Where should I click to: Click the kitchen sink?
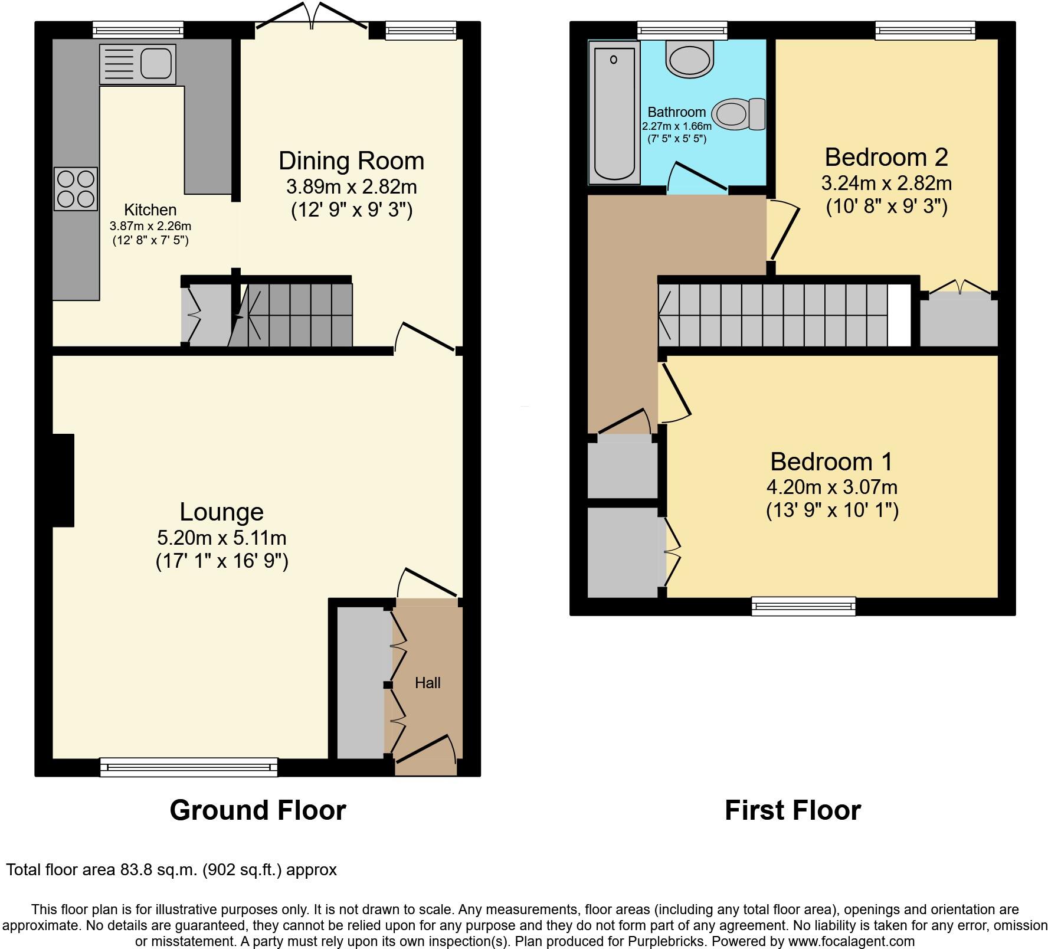point(137,64)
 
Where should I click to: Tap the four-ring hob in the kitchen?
point(76,189)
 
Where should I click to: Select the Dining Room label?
point(351,161)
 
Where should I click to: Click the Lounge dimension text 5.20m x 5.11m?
point(221,538)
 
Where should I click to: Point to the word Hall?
point(427,683)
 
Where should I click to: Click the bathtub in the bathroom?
point(614,112)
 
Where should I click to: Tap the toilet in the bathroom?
point(738,114)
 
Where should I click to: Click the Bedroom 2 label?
point(886,157)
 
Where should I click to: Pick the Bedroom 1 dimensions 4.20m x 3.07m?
point(831,487)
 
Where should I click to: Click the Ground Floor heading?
point(257,810)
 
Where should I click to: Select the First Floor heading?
point(792,810)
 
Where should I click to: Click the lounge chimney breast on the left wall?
point(63,480)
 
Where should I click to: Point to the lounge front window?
point(188,767)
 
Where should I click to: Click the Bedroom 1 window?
point(803,606)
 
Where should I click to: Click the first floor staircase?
point(779,315)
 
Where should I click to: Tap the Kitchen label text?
point(150,210)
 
